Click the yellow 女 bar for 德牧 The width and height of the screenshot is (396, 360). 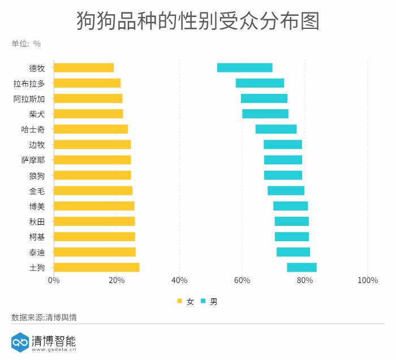tap(84, 68)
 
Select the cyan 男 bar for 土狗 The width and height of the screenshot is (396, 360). tap(302, 267)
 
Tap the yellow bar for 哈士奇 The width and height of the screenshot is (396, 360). tap(91, 129)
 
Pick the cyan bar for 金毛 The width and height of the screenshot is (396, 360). tap(286, 191)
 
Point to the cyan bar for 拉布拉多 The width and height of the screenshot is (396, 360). tap(260, 83)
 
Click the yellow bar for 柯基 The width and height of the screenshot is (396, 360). tap(94, 237)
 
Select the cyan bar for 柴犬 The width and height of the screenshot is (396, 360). tap(265, 114)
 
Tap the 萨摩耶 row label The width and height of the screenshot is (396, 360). tap(33, 160)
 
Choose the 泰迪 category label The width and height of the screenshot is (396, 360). tap(37, 252)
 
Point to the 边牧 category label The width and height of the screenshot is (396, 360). tap(37, 144)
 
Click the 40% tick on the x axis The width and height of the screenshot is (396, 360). tap(179, 280)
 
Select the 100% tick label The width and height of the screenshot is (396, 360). tap(368, 280)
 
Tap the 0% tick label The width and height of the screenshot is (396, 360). tap(54, 280)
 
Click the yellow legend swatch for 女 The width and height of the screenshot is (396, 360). tap(179, 302)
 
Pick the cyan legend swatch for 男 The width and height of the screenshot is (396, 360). tap(203, 302)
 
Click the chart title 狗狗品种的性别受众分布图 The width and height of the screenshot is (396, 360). tap(198, 22)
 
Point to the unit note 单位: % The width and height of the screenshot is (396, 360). tap(26, 44)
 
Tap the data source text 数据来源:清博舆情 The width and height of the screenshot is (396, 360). tap(44, 318)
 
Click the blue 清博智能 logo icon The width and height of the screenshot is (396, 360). tap(20, 342)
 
